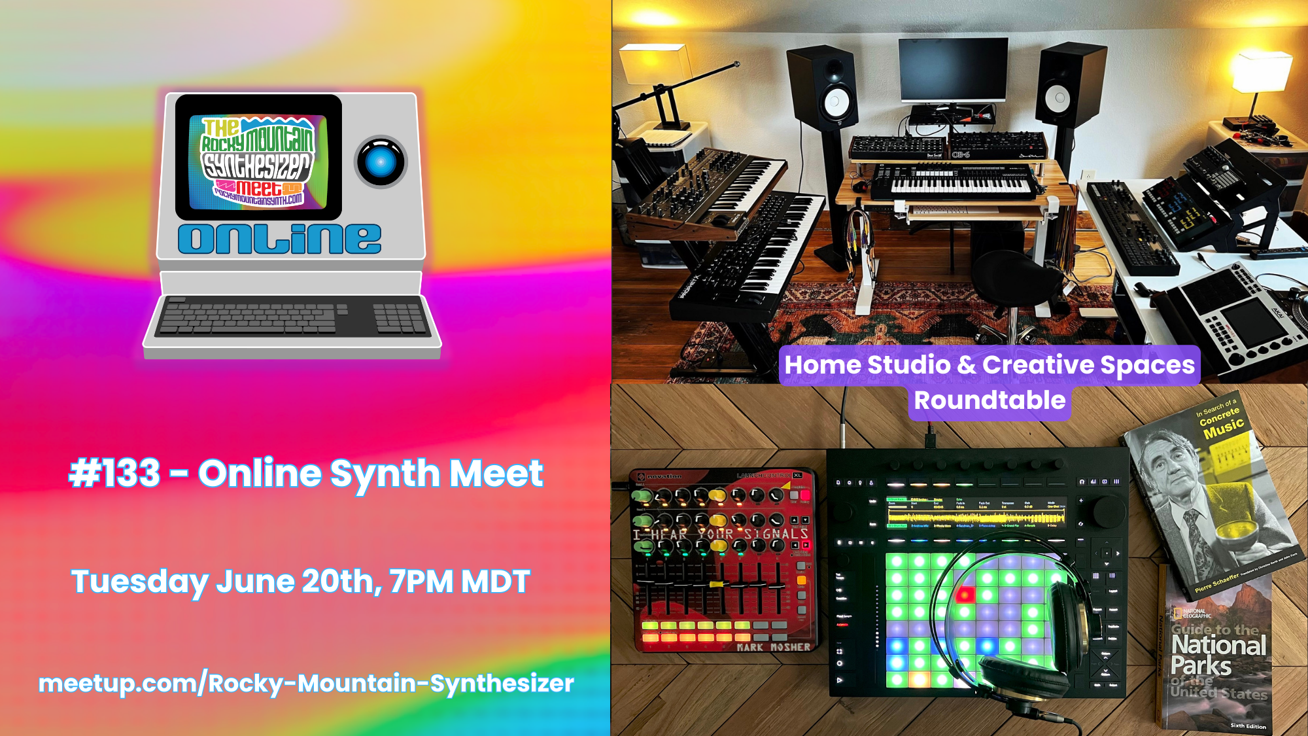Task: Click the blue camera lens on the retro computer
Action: click(381, 162)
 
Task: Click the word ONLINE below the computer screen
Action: click(279, 239)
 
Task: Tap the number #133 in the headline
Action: click(115, 473)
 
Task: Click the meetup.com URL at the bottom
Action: click(306, 683)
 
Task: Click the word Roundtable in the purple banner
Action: click(990, 400)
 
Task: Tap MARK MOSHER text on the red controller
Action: click(773, 647)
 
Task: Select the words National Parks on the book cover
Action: click(1218, 655)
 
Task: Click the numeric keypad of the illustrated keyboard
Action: click(398, 317)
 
